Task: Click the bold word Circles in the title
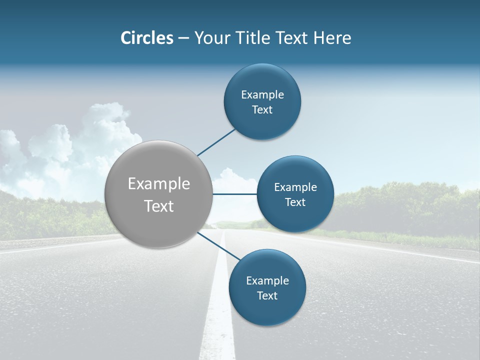(146, 38)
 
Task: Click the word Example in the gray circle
(159, 184)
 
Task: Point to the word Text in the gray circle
(159, 206)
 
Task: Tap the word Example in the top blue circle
(262, 95)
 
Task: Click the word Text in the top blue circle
(262, 110)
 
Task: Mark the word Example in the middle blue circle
(295, 187)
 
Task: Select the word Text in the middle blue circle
(295, 202)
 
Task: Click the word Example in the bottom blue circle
(267, 281)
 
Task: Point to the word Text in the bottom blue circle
(267, 296)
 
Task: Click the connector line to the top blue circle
(216, 142)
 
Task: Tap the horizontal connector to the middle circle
(234, 194)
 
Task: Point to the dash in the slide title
(183, 38)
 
